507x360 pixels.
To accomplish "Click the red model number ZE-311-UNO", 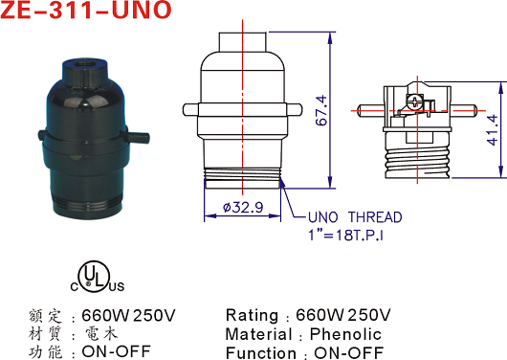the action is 86,10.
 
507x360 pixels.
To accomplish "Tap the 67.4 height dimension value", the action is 321,110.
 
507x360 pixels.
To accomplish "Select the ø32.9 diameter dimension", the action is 243,207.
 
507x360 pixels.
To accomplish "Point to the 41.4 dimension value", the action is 492,129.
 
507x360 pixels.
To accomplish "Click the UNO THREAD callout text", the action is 355,217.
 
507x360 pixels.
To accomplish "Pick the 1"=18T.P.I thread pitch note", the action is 346,235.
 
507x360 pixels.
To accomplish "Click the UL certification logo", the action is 97,277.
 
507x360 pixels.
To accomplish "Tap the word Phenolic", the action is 345,334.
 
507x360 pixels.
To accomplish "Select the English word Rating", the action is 252,315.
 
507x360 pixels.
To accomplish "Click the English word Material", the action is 258,334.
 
